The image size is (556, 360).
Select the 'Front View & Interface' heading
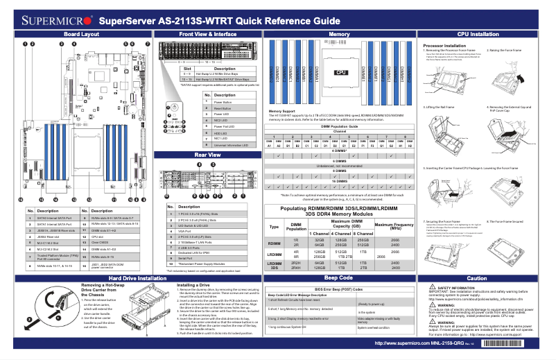202,33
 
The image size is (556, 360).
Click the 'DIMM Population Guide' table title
339,126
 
